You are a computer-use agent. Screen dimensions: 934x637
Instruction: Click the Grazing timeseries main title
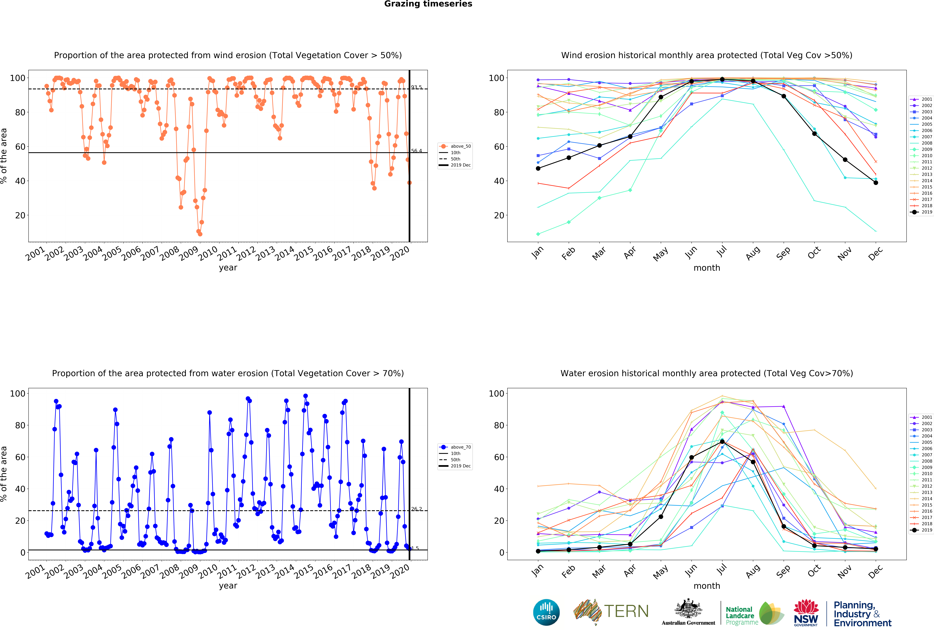coord(428,4)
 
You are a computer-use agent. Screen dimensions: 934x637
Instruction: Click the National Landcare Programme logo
coord(754,613)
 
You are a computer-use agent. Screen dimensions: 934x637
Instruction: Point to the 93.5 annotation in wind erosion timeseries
coord(416,87)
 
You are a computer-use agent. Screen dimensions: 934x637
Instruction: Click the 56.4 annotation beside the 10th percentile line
coord(416,151)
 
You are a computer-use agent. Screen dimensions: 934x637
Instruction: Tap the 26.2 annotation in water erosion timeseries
coord(416,509)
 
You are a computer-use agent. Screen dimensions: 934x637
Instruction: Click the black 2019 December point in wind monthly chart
coord(876,183)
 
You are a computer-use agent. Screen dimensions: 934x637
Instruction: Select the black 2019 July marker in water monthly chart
coord(722,442)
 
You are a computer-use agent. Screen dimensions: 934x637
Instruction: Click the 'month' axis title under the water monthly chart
coord(707,586)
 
